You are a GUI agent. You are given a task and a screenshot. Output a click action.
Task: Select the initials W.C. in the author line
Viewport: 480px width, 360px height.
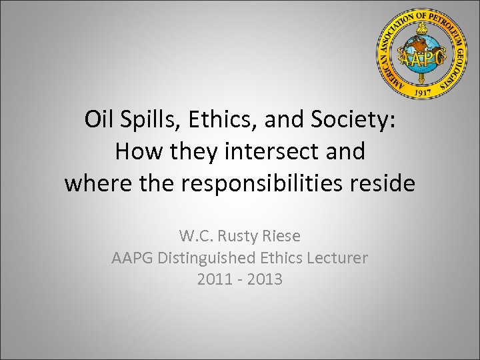coord(197,236)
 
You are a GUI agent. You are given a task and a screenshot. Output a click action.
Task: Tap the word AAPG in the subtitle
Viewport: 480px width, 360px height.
coord(132,258)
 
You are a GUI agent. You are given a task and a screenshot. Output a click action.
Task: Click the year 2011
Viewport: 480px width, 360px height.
coord(214,279)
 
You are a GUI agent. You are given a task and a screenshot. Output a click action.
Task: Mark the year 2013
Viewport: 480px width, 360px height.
coord(265,279)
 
